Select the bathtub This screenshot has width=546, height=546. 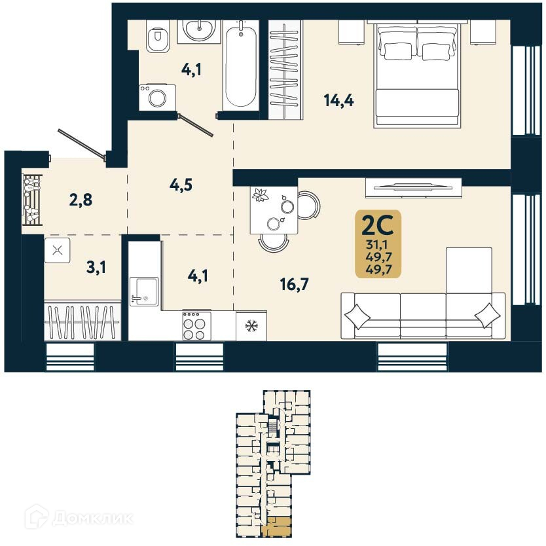click(x=241, y=65)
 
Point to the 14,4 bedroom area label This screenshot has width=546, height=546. click(x=338, y=100)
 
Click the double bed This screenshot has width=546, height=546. click(x=416, y=75)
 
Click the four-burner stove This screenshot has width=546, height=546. click(x=193, y=325)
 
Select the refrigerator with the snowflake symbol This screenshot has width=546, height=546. click(x=250, y=325)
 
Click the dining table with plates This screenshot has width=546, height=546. click(x=273, y=209)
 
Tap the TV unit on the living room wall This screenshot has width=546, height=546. click(x=413, y=187)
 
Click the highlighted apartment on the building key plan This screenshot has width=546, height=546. click(x=279, y=526)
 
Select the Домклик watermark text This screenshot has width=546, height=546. click(x=92, y=519)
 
